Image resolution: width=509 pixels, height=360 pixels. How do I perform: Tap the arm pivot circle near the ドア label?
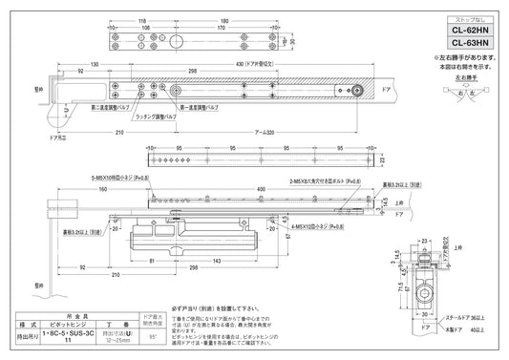[x=355, y=92]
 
